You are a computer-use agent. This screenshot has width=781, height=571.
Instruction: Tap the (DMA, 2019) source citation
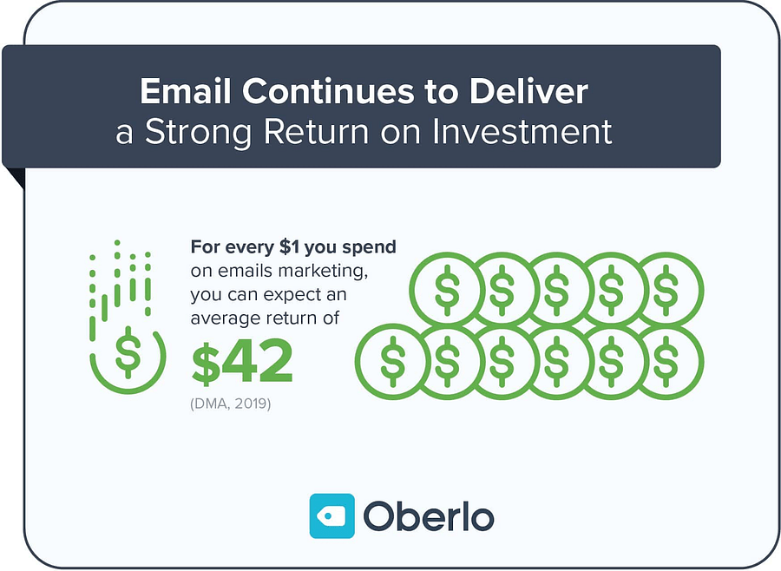(x=230, y=404)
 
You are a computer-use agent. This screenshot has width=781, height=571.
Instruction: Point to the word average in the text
(x=224, y=318)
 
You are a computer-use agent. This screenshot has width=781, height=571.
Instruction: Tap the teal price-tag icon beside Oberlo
(x=331, y=516)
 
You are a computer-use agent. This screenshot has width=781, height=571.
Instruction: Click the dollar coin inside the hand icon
(x=128, y=350)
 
